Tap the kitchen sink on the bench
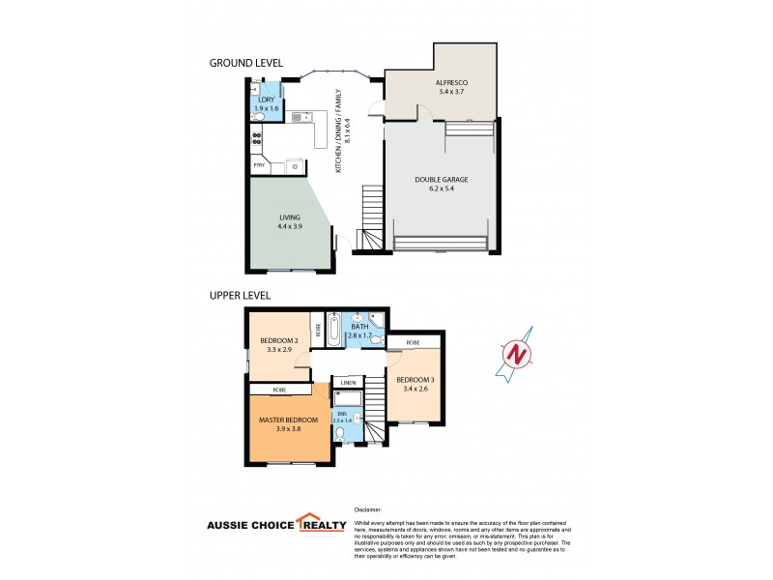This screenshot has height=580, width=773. click(x=301, y=115)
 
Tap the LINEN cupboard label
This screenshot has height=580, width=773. click(x=348, y=383)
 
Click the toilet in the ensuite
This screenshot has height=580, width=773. click(x=339, y=434)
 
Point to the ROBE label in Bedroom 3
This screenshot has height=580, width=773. click(x=413, y=342)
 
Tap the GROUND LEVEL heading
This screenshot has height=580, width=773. click(x=245, y=63)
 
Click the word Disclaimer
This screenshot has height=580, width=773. click(x=368, y=508)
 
